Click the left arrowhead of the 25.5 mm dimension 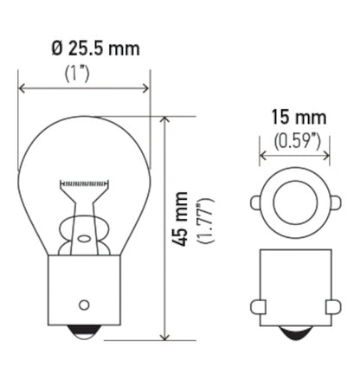coord(22,87)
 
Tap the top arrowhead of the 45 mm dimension coord(163,120)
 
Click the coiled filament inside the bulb coord(84,184)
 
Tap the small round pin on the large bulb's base coord(84,304)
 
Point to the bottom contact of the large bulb coord(84,333)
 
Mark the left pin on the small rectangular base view coord(257,305)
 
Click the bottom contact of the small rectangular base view coord(295,333)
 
